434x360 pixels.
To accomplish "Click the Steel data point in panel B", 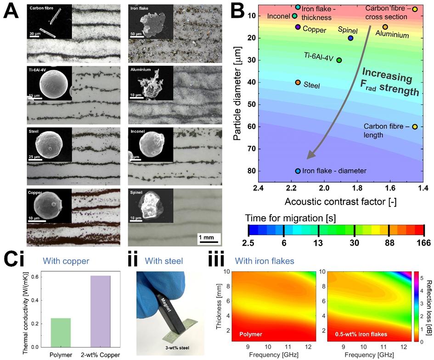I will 298,83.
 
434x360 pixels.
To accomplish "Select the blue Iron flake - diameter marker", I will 298,171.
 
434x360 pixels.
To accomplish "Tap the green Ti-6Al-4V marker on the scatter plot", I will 339,60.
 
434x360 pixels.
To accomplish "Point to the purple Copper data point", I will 298,27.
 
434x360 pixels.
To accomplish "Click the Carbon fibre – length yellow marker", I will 415,127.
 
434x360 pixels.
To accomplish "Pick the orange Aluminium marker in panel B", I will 385,27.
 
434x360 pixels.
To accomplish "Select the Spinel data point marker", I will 351,38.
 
